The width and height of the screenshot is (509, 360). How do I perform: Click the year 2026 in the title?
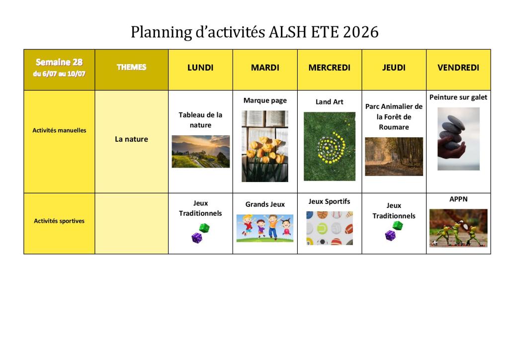[360, 32]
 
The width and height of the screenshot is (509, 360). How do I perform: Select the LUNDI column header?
[200, 68]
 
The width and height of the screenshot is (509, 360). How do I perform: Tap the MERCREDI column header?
[329, 68]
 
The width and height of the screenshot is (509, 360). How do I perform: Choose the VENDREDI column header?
[458, 68]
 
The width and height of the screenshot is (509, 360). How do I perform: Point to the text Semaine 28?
[59, 62]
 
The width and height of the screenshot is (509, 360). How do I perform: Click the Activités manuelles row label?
[60, 130]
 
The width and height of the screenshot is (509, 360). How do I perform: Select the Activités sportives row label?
[59, 221]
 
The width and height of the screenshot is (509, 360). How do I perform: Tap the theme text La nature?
[131, 139]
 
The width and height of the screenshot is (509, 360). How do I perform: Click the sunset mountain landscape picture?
[201, 152]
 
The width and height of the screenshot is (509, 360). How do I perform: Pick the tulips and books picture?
[265, 146]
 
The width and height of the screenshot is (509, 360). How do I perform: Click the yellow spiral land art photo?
[330, 146]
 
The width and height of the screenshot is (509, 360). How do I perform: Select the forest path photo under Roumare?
[394, 157]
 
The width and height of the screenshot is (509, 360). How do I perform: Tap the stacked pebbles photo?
[458, 139]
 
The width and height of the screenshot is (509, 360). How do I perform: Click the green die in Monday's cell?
[204, 228]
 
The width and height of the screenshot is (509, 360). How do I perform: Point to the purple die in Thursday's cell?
[390, 235]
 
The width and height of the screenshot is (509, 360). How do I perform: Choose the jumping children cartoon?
[265, 228]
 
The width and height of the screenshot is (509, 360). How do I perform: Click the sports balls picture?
[330, 228]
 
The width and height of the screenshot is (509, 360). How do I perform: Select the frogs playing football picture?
[458, 228]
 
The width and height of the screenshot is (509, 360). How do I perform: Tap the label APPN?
[458, 199]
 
